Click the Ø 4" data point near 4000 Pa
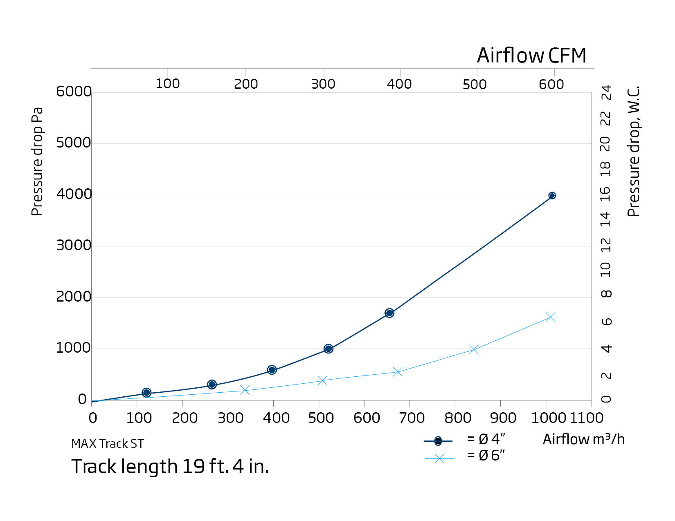tap(552, 196)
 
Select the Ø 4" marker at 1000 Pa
tap(328, 349)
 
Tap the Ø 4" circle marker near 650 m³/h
tap(389, 313)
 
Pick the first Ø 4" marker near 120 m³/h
tap(146, 393)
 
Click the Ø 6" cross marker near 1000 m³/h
tap(551, 317)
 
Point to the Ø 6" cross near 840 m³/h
tap(474, 349)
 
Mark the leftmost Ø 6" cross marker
tap(245, 390)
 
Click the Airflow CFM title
tap(531, 56)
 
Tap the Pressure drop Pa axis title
tap(37, 161)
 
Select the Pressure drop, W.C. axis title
tap(633, 151)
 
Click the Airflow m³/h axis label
tap(583, 439)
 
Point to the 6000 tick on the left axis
tap(74, 92)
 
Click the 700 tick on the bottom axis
tap(412, 418)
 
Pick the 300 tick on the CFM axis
tap(323, 84)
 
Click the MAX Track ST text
tap(108, 444)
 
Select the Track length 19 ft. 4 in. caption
tap(170, 467)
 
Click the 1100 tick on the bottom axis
tap(587, 418)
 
